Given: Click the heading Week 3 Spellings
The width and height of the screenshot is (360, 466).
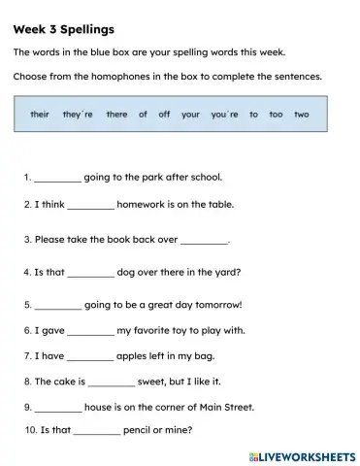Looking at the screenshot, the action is (x=63, y=29).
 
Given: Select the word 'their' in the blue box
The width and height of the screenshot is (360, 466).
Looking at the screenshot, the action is (x=40, y=115).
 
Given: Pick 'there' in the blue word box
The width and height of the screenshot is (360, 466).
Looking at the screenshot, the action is (x=116, y=115).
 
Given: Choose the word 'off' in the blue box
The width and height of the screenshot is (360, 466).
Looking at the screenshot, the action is (x=164, y=115).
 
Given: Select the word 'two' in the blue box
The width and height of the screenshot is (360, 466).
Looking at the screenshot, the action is (x=301, y=115).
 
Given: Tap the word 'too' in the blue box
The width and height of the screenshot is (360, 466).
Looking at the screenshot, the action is (x=276, y=115).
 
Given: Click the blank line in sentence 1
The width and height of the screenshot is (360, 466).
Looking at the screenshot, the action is (x=58, y=180).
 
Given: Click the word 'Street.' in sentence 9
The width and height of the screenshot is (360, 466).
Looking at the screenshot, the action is (x=236, y=407).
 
